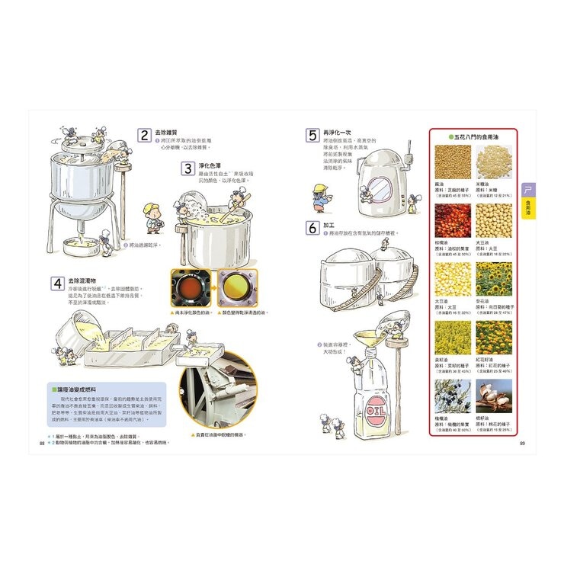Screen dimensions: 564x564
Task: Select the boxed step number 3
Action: pos(187,169)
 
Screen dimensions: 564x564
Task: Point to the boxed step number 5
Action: pos(312,136)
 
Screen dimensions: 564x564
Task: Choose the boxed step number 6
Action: pos(312,228)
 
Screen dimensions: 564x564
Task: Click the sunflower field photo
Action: pos(494,280)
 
